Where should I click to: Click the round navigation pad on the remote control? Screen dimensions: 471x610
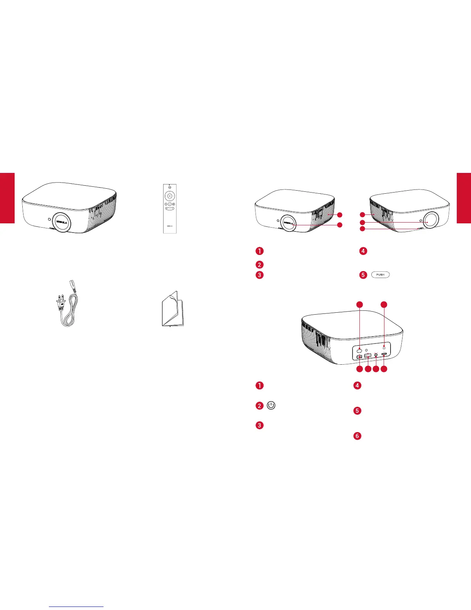tap(169, 196)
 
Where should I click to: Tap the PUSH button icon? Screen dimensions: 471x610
tap(380, 275)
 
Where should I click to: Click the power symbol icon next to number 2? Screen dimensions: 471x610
tap(271, 406)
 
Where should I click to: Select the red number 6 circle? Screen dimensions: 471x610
tap(357, 436)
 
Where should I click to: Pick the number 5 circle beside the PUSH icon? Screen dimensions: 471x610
tap(363, 275)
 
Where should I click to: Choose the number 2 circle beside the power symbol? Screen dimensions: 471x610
tap(260, 406)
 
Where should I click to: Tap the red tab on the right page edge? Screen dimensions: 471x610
tap(464, 198)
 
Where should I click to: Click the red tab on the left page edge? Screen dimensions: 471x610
tap(7, 198)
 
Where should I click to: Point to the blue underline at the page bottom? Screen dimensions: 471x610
tap(77, 607)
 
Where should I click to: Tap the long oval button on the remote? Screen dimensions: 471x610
tap(169, 209)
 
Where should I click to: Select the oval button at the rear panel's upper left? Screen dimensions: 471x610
tap(359, 350)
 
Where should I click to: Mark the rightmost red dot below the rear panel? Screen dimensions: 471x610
tap(384, 369)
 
